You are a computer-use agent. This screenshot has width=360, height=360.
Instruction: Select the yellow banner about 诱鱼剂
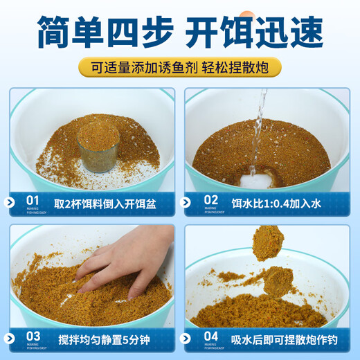pos(179,68)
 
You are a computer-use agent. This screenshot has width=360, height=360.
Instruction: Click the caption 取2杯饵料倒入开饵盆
pos(109,202)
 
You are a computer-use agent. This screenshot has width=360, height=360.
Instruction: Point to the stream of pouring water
pos(258,132)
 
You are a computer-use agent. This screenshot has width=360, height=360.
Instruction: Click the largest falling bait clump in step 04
pos(267,242)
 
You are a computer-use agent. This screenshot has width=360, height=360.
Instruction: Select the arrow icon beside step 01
pos(10,202)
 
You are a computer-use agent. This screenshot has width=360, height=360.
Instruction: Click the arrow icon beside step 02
pos(186,202)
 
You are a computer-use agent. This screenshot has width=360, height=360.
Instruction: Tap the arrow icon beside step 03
pos(10,339)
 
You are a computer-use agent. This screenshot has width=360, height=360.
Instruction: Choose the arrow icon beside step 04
pos(186,339)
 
